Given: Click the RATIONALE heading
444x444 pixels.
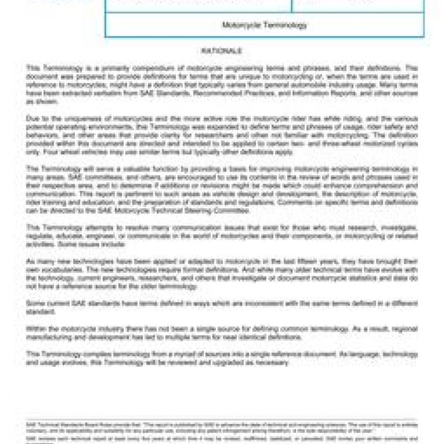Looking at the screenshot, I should click(221, 51).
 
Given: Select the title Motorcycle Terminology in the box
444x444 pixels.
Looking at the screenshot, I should click(264, 24).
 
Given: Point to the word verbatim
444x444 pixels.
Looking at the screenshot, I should click(93, 93).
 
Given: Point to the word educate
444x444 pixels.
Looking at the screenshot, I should click(68, 236).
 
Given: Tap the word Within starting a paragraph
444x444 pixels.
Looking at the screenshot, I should click(36, 329).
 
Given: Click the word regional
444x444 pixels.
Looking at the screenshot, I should click(404, 329).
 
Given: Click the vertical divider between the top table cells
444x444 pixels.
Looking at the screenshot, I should click(292, 5).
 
